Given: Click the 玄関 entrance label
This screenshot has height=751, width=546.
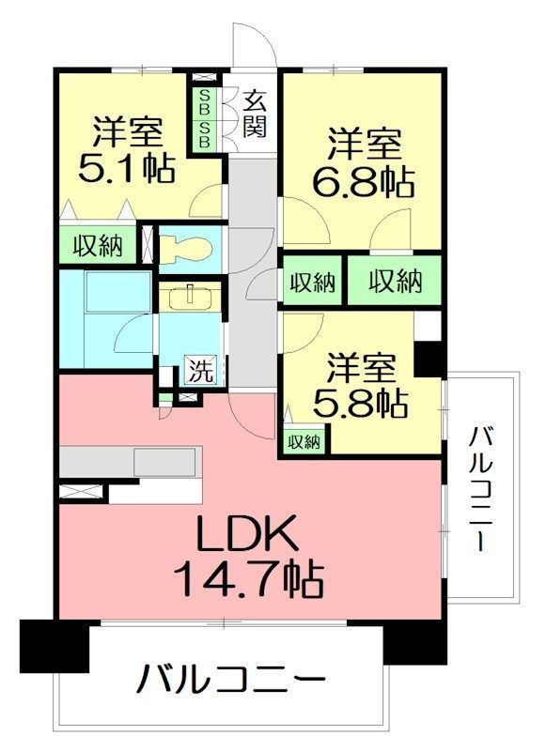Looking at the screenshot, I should (x=253, y=113).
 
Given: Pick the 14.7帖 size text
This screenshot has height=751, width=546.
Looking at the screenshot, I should (x=248, y=579).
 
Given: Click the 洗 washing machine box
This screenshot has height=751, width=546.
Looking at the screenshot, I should (x=198, y=369).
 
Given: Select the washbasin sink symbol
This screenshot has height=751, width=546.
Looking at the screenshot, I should (x=191, y=298).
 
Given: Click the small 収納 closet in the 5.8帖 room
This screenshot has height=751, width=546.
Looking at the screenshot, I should (x=303, y=440).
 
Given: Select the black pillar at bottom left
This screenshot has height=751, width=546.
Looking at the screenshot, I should (x=54, y=647).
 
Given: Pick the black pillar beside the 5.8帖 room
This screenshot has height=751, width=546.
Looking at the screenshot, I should (x=429, y=359).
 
